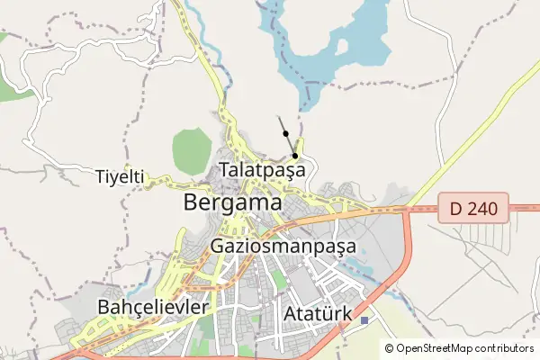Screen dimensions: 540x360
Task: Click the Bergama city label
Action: click(232, 202)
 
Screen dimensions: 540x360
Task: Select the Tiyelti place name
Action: click(120, 177)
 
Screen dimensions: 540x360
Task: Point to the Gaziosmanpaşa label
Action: click(283, 245)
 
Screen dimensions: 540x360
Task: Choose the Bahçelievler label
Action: click(152, 307)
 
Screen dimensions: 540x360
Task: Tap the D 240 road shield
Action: click(473, 209)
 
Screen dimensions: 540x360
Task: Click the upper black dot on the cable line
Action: click(286, 133)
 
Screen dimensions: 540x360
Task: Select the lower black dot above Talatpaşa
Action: click(295, 156)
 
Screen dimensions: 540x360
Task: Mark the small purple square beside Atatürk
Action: click(364, 320)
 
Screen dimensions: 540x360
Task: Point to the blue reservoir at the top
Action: click(360, 36)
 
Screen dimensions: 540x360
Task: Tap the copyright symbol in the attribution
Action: click(390, 348)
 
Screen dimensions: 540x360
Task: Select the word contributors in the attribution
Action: click(505, 348)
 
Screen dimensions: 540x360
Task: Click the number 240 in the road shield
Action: click(482, 209)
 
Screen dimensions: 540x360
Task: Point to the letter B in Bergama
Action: click(191, 202)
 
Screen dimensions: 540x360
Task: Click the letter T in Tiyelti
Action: click(100, 177)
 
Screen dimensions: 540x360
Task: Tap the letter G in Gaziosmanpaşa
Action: click(217, 245)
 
